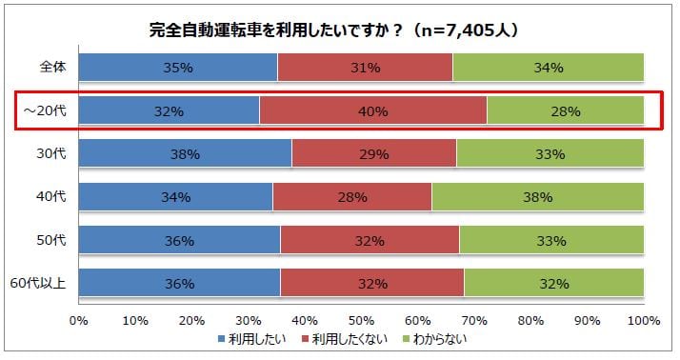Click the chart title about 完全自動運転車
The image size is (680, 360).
coord(333,30)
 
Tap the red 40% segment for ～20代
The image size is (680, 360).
coord(372,110)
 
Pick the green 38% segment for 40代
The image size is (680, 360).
coord(537,197)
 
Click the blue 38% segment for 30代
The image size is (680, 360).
coord(185,153)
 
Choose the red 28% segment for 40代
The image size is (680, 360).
coord(352,197)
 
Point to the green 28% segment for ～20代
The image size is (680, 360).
coord(565,110)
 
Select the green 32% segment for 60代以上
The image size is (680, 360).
coord(553,283)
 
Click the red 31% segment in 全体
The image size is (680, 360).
coord(365,68)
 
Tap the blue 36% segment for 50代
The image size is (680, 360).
coord(179,240)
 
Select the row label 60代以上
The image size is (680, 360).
coord(42,283)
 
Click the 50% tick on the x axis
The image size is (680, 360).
coord(361,319)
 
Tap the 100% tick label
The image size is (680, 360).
coord(643,319)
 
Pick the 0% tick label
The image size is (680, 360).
coord(78,319)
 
